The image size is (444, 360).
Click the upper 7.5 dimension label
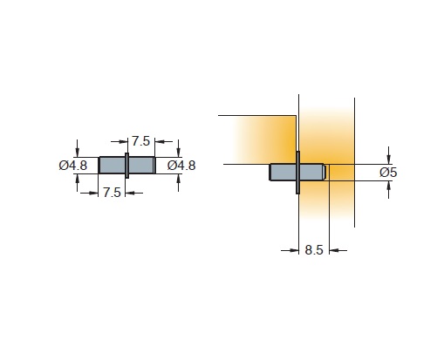coord(140,141)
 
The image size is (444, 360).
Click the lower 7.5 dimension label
coord(112,193)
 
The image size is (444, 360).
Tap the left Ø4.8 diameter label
coord(73,166)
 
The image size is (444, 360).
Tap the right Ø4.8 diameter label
coord(181,166)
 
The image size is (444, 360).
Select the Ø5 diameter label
coord(388,173)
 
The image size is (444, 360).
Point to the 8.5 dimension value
coord(314,250)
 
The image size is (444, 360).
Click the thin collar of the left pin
coord(126,166)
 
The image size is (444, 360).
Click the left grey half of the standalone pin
coord(112,166)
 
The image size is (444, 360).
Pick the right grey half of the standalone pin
coord(141,166)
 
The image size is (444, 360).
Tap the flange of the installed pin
coord(297,173)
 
